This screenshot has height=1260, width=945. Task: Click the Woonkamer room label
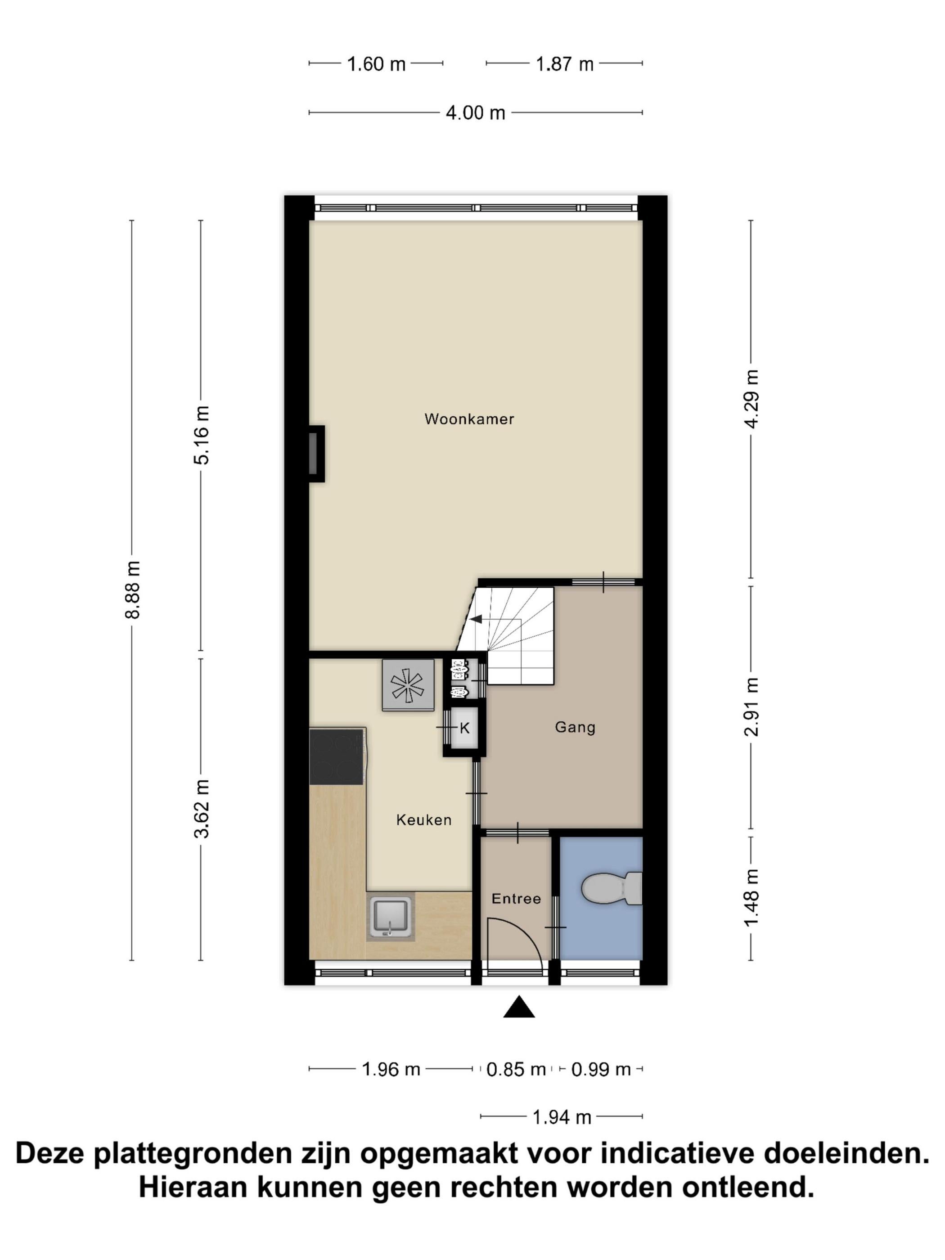[x=469, y=419]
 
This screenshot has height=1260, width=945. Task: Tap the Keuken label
[x=424, y=820]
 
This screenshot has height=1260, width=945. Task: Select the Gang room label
[x=575, y=727]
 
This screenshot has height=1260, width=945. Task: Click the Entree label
[x=516, y=898]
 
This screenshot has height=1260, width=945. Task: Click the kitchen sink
[x=390, y=918]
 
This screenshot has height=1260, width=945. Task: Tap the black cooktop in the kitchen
[x=337, y=756]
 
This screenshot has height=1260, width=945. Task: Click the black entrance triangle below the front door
[x=519, y=1007]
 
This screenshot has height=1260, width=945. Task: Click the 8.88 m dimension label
[x=133, y=589]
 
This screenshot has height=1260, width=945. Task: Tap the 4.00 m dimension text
[x=476, y=113]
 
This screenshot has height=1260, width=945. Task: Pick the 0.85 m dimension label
[x=516, y=1069]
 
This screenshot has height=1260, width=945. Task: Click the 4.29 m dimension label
[x=752, y=399]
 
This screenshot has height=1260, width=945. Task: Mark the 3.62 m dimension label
[x=202, y=809]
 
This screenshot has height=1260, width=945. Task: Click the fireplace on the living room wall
[x=316, y=454]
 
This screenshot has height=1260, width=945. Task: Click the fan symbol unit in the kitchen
[x=408, y=685]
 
